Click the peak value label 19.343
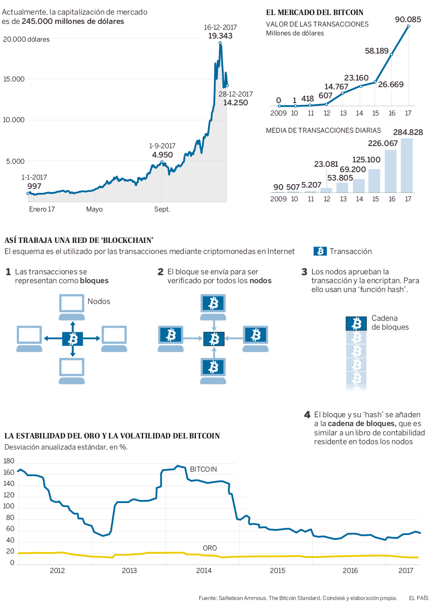pyautogui.click(x=220, y=36)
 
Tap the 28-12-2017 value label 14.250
pyautogui.click(x=235, y=103)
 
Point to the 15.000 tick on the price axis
pyautogui.click(x=14, y=79)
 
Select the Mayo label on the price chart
pyautogui.click(x=94, y=209)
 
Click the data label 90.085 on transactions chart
pyautogui.click(x=408, y=19)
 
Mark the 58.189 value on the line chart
pyautogui.click(x=376, y=51)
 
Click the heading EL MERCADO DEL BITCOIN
pyautogui.click(x=315, y=12)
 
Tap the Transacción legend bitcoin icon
pyautogui.click(x=320, y=251)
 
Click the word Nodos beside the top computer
pyautogui.click(x=99, y=301)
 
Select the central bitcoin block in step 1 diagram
pyautogui.click(x=72, y=339)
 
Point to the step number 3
pyautogui.click(x=304, y=272)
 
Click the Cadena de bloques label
pyautogui.click(x=390, y=323)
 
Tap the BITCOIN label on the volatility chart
pyautogui.click(x=203, y=469)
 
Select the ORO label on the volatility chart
pyautogui.click(x=209, y=548)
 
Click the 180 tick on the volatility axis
pyautogui.click(x=9, y=461)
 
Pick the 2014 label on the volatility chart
pyautogui.click(x=204, y=571)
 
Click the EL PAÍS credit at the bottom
pyautogui.click(x=418, y=598)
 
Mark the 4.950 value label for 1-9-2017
pyautogui.click(x=162, y=155)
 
